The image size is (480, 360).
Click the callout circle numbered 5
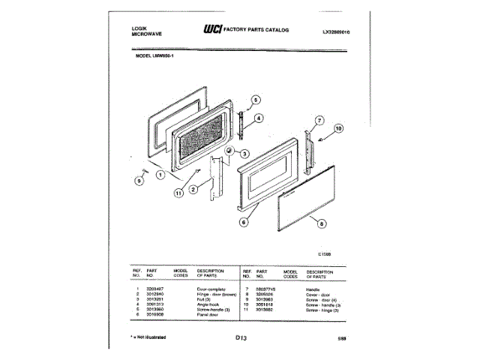255,100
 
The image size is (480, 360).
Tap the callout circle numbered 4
257,118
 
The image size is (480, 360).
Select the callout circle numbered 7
319,120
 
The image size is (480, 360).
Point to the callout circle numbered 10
337,128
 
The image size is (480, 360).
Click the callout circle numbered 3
244,153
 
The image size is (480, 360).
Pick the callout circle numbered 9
139,180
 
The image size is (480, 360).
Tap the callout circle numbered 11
178,193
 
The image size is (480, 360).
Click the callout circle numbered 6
243,222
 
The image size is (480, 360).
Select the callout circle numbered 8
322,223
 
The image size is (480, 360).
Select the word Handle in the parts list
313,289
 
